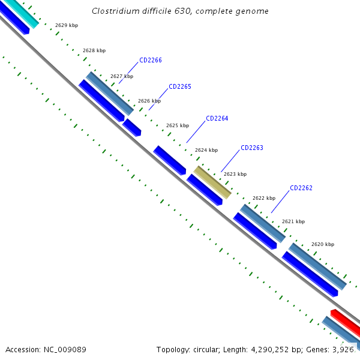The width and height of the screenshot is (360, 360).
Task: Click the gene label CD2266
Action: pyautogui.click(x=150, y=60)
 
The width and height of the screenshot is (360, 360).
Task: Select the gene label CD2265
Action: pyautogui.click(x=180, y=86)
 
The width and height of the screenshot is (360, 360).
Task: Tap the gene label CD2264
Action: pyautogui.click(x=217, y=118)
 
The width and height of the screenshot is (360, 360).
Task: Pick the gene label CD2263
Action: pyautogui.click(x=252, y=148)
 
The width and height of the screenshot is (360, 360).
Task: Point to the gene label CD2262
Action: pyautogui.click(x=301, y=188)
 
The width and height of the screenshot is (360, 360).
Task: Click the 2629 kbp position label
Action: pyautogui.click(x=66, y=25)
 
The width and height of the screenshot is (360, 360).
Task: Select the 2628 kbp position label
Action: pyautogui.click(x=94, y=50)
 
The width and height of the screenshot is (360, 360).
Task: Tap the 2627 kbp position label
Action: pyautogui.click(x=122, y=76)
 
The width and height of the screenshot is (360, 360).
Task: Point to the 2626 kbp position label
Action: pyautogui.click(x=149, y=101)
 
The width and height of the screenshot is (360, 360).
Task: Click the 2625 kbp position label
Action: pyautogui.click(x=178, y=125)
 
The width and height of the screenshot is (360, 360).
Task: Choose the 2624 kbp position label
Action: pyautogui.click(x=206, y=150)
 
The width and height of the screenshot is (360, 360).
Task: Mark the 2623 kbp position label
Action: pyautogui.click(x=235, y=174)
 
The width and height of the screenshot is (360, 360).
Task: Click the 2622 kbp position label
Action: pyautogui.click(x=264, y=198)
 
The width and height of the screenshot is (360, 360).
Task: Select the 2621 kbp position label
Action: pyautogui.click(x=293, y=221)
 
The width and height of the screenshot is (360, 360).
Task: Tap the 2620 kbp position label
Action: pyautogui.click(x=323, y=244)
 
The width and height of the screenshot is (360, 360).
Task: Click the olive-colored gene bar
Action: pyautogui.click(x=212, y=182)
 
